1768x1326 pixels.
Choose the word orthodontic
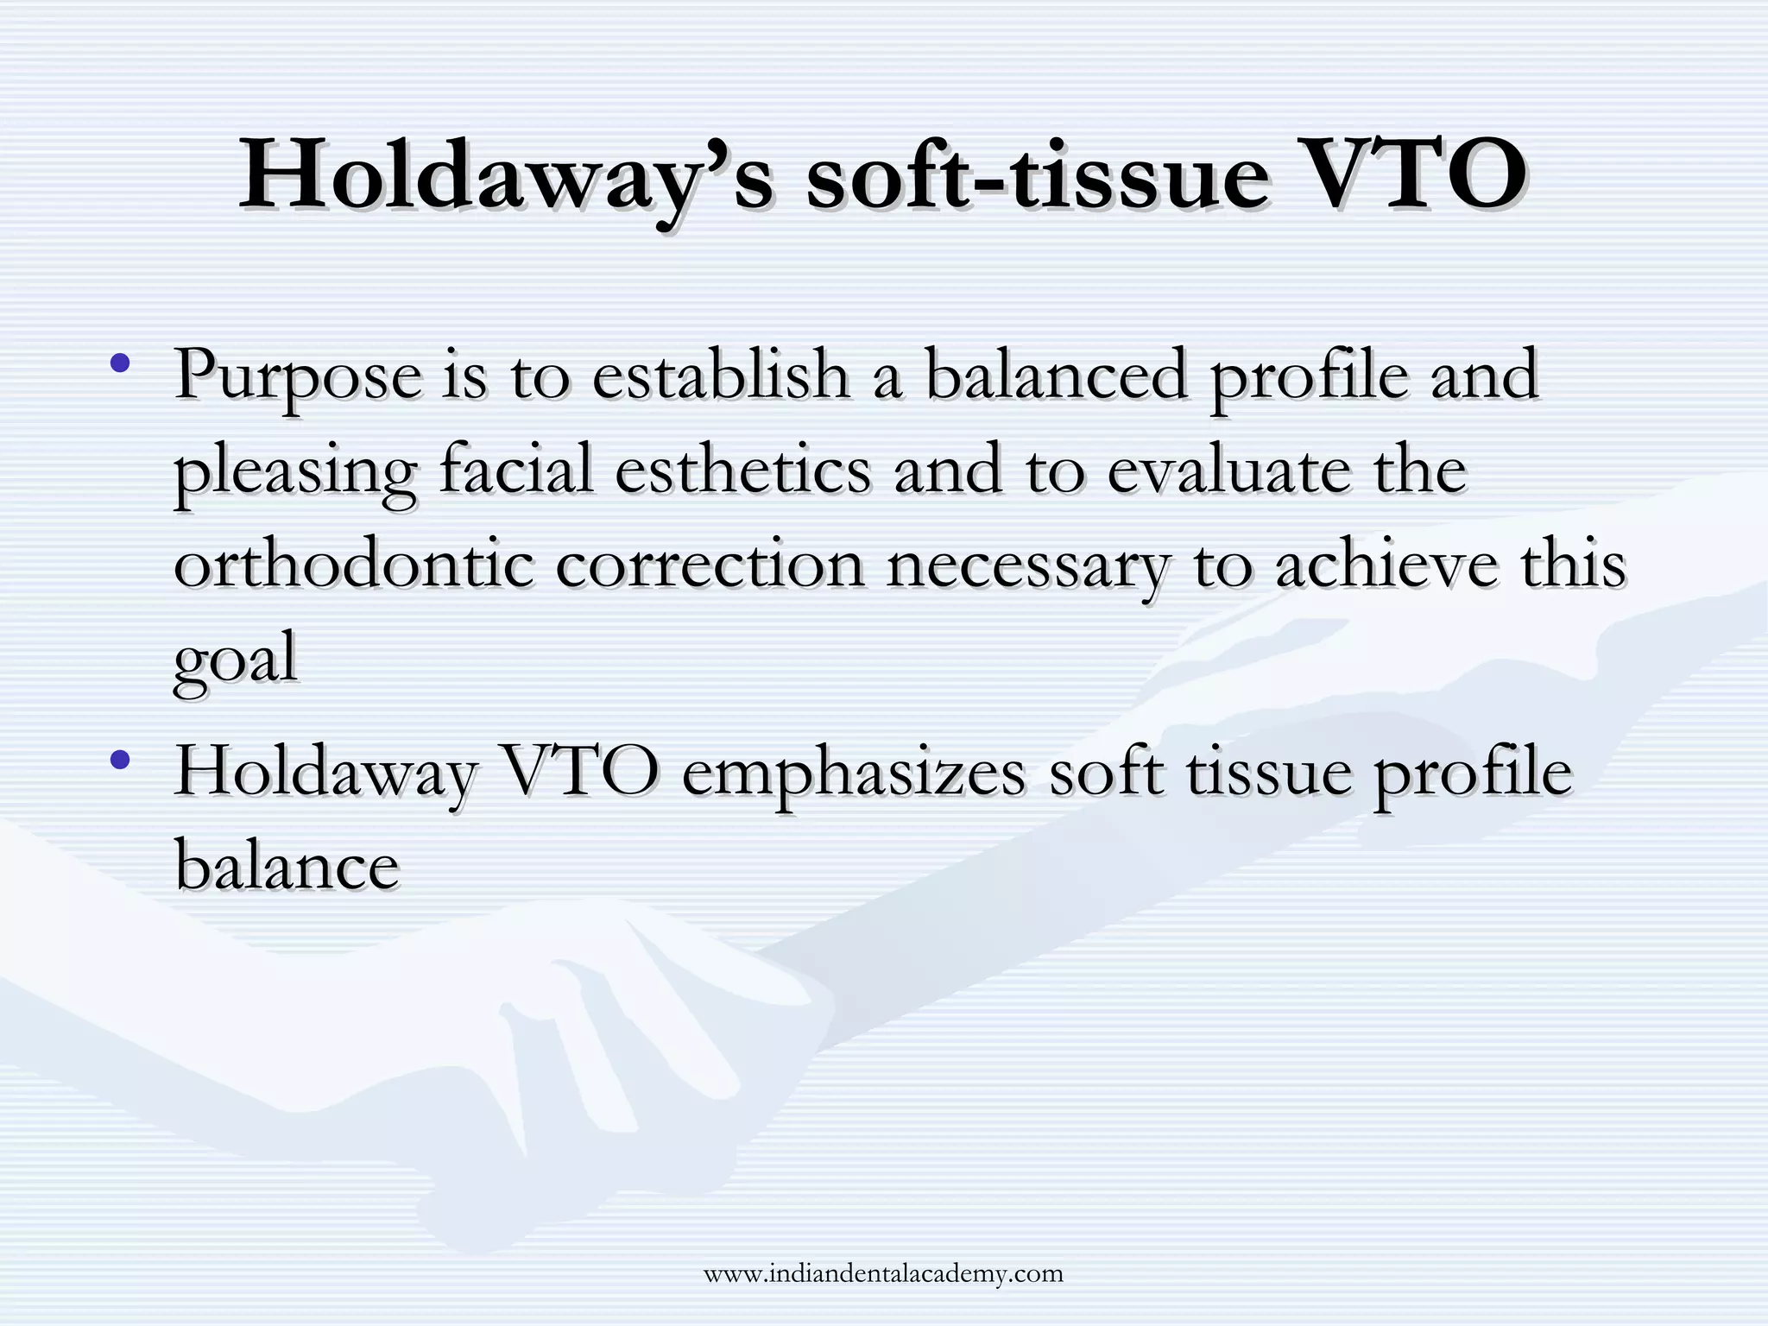click(353, 565)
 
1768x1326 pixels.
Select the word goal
click(235, 661)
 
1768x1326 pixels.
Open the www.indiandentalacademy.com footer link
click(883, 1273)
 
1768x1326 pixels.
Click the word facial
click(516, 470)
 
